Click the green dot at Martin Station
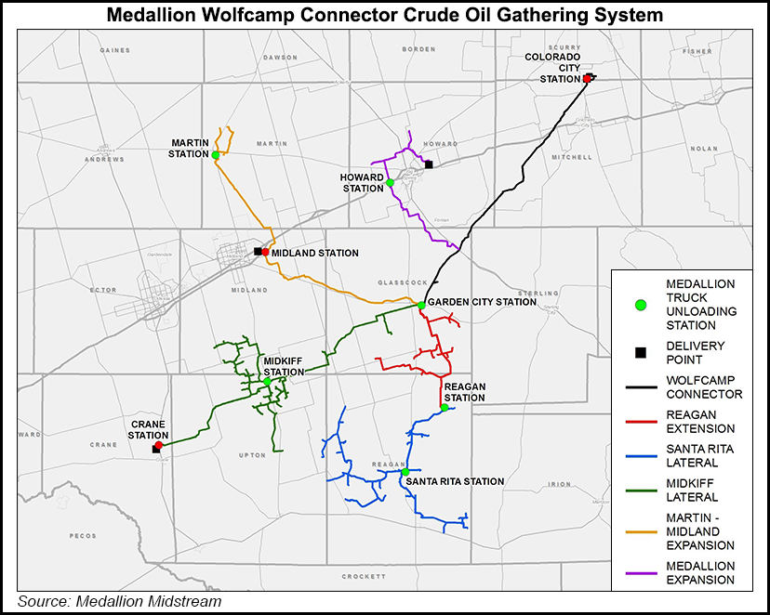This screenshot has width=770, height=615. tap(215, 155)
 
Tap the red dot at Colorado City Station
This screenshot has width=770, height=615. tap(587, 79)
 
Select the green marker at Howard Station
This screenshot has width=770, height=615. tap(391, 183)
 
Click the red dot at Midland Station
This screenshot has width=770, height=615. tap(265, 252)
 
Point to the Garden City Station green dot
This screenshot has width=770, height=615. tap(421, 305)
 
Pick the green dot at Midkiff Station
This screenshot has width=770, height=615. tap(267, 381)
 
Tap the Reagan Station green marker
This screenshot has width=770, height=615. tap(444, 407)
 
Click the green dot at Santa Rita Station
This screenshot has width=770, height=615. tap(405, 472)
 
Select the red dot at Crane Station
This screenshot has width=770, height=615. tap(159, 445)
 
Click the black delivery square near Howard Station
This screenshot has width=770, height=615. tap(429, 164)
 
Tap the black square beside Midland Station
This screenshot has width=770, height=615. tap(258, 251)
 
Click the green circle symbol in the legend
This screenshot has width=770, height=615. tap(640, 304)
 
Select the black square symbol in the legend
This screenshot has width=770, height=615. tap(640, 352)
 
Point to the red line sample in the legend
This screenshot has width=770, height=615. tap(640, 422)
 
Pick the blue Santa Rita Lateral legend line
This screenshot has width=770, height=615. tap(640, 455)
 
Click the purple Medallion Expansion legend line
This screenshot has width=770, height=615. tap(640, 572)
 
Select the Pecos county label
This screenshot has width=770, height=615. tap(82, 536)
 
